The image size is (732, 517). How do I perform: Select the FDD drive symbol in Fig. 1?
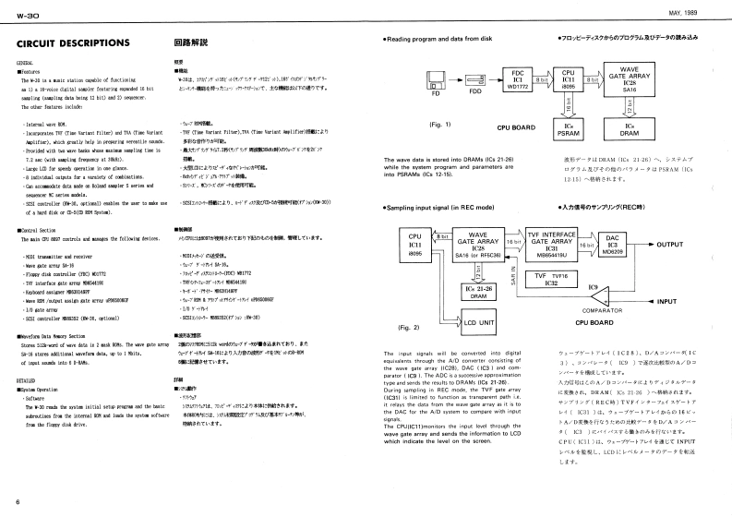[475, 81]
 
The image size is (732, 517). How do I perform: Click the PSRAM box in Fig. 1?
[568, 129]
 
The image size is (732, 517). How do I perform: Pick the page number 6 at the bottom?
[18, 501]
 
